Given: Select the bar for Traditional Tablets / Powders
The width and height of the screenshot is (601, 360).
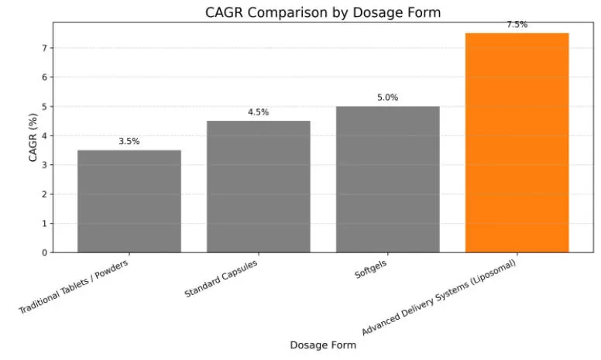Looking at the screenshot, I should [x=129, y=201].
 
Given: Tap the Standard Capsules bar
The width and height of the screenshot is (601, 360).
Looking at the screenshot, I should [x=259, y=187].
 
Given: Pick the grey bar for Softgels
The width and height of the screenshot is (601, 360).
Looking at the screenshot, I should [x=387, y=179].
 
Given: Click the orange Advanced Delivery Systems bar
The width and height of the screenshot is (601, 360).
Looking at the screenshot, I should [x=517, y=142].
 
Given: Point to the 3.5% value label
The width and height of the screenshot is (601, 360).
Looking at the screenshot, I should [x=129, y=142].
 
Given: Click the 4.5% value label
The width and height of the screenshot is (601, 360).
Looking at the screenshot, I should [x=259, y=112].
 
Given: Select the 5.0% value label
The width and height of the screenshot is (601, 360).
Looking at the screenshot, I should [x=387, y=98].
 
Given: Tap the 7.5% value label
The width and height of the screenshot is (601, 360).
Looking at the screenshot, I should [x=517, y=25].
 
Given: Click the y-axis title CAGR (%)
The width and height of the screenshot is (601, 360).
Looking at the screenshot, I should [x=33, y=137].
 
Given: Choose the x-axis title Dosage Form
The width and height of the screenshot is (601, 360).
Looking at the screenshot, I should [x=323, y=345].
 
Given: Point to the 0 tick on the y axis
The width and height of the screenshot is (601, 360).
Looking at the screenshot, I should [x=44, y=252].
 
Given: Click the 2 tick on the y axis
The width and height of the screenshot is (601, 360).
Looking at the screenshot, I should [x=44, y=194].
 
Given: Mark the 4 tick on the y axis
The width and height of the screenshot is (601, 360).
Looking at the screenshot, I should [x=44, y=135].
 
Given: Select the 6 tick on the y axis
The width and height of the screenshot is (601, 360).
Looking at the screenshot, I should [x=44, y=77].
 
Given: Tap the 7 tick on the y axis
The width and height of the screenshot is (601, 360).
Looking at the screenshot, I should [x=44, y=48].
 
